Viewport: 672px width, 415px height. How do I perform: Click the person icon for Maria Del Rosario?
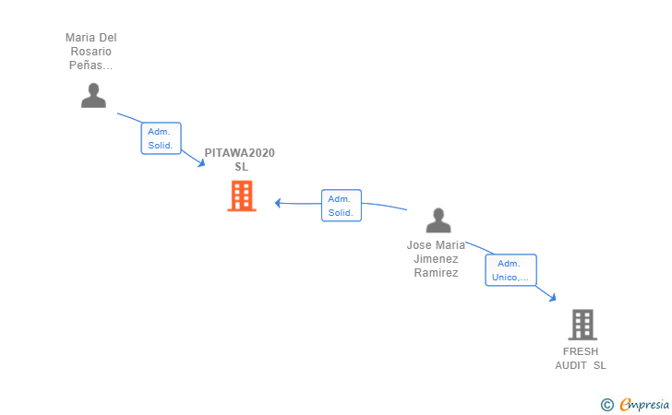click(93, 96)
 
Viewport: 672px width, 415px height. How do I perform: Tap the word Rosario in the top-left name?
click(90, 52)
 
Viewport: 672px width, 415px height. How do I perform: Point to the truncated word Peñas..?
click(90, 65)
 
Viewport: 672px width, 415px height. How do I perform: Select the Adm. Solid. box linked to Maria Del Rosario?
click(162, 138)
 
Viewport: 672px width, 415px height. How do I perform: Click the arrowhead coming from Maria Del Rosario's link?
click(201, 163)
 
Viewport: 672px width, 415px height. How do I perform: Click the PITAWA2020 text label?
click(240, 153)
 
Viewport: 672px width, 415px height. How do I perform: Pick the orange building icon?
click(242, 196)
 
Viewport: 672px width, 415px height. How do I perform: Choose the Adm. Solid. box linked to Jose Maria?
click(342, 206)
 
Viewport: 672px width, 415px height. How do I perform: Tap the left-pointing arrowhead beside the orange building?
click(278, 203)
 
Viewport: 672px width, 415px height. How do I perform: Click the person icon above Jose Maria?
click(438, 220)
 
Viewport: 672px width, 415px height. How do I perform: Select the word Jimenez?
click(436, 259)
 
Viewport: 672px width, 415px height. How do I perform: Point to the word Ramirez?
click(436, 273)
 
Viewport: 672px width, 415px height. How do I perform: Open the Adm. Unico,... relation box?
click(510, 270)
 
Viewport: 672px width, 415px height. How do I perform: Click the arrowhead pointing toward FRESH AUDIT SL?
click(552, 297)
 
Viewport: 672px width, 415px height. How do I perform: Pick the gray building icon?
click(582, 325)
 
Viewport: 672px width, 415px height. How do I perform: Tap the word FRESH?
click(581, 351)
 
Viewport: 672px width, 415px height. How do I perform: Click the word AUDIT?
click(570, 365)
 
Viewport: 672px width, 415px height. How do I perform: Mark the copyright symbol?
click(607, 405)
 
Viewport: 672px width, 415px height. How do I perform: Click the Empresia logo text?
click(644, 405)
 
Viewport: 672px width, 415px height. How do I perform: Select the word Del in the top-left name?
click(108, 38)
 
